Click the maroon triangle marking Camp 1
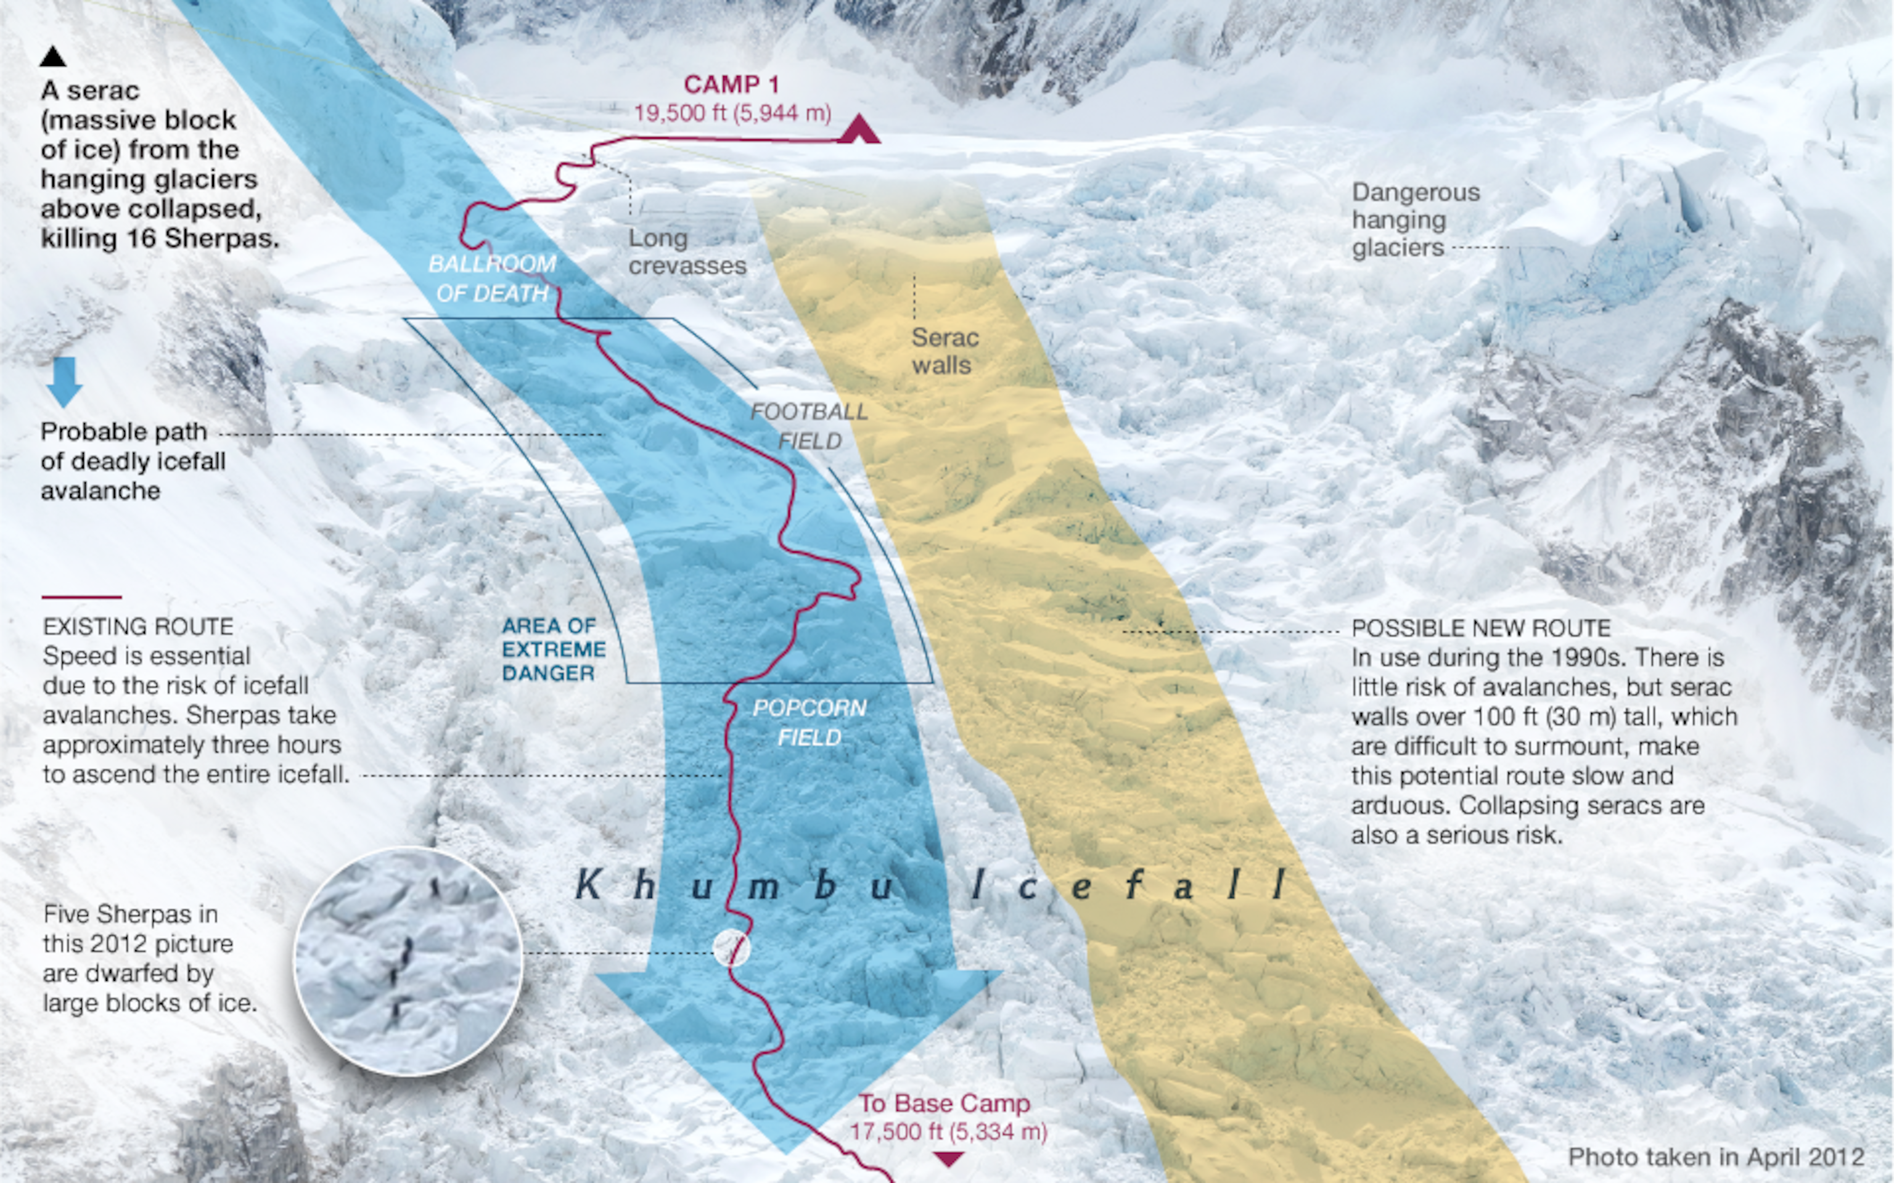click(859, 130)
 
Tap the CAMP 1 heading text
click(732, 84)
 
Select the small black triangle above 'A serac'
click(53, 56)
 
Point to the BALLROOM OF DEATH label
click(492, 278)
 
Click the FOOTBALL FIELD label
click(810, 426)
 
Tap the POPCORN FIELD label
click(810, 722)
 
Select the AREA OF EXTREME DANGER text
click(553, 649)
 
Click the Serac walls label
click(945, 351)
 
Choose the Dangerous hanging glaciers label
click(1415, 220)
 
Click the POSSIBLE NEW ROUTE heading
click(1481, 628)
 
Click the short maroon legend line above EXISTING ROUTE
click(81, 597)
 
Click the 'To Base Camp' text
click(945, 1103)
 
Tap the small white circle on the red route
click(732, 948)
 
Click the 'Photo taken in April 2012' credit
click(1716, 1157)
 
